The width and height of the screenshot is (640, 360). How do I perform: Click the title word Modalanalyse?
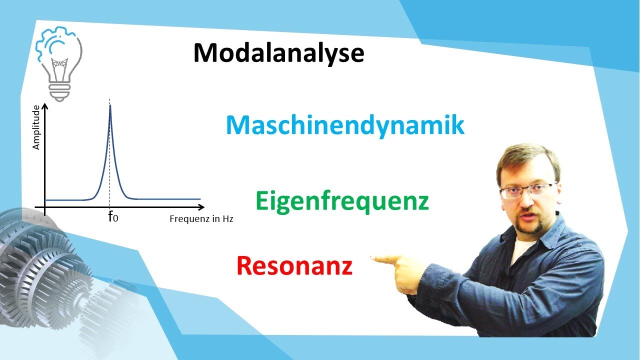point(278,53)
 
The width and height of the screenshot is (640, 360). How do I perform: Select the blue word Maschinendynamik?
point(345,125)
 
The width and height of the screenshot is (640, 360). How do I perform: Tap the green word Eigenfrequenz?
point(342,201)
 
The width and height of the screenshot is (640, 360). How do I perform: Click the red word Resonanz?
point(294,265)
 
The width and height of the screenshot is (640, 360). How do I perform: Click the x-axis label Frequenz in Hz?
point(201,219)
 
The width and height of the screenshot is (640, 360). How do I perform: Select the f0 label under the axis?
point(113,217)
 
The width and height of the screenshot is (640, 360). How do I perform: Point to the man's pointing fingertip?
point(373,258)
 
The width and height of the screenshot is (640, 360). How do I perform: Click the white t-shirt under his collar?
point(520,250)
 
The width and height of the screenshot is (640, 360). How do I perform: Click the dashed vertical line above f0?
point(110,160)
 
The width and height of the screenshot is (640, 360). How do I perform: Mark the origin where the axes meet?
point(45,206)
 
